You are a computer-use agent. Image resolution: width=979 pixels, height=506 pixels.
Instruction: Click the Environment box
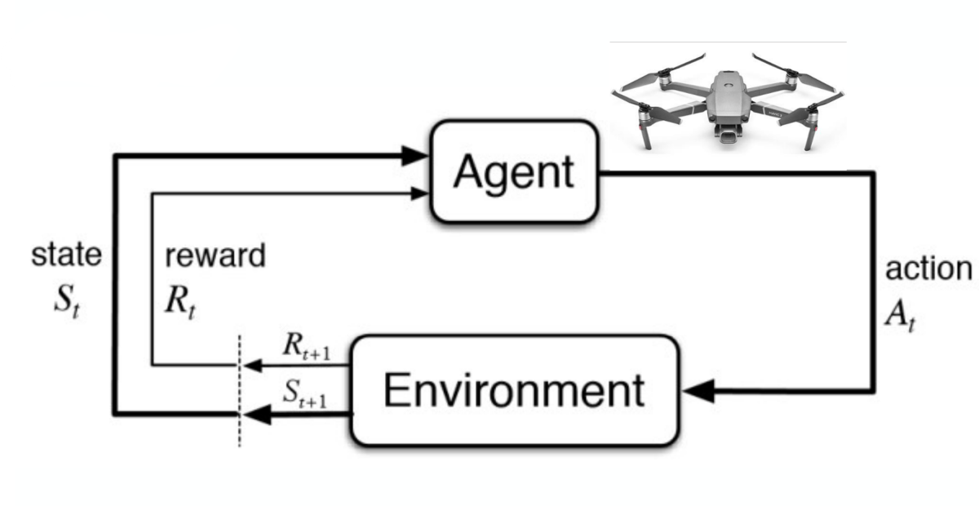[x=514, y=391]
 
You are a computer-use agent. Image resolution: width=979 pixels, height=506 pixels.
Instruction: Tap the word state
[x=66, y=255]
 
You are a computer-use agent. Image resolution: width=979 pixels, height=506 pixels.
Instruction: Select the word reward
[x=215, y=255]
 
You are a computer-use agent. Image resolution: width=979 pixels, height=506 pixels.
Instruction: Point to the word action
[x=928, y=269]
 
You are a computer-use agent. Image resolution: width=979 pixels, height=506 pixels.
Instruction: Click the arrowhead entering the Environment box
[x=698, y=393]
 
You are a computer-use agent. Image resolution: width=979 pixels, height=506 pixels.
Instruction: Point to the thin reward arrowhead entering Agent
[x=420, y=193]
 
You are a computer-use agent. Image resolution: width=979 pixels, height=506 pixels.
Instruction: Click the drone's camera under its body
[x=728, y=131]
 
